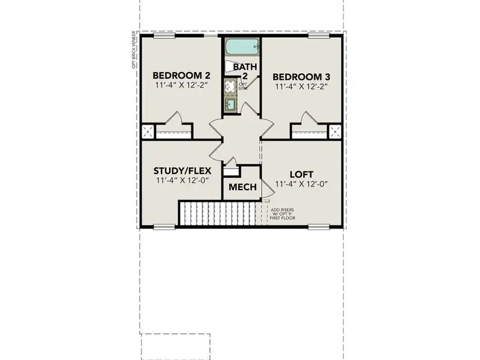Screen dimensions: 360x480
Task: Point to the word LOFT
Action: click(302, 173)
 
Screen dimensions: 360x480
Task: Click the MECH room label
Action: click(242, 187)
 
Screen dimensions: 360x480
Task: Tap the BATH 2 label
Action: click(244, 71)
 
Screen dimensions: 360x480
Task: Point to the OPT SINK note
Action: click(242, 86)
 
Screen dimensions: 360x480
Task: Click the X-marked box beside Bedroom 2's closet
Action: click(147, 132)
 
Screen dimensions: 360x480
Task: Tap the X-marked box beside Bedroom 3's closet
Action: click(335, 132)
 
